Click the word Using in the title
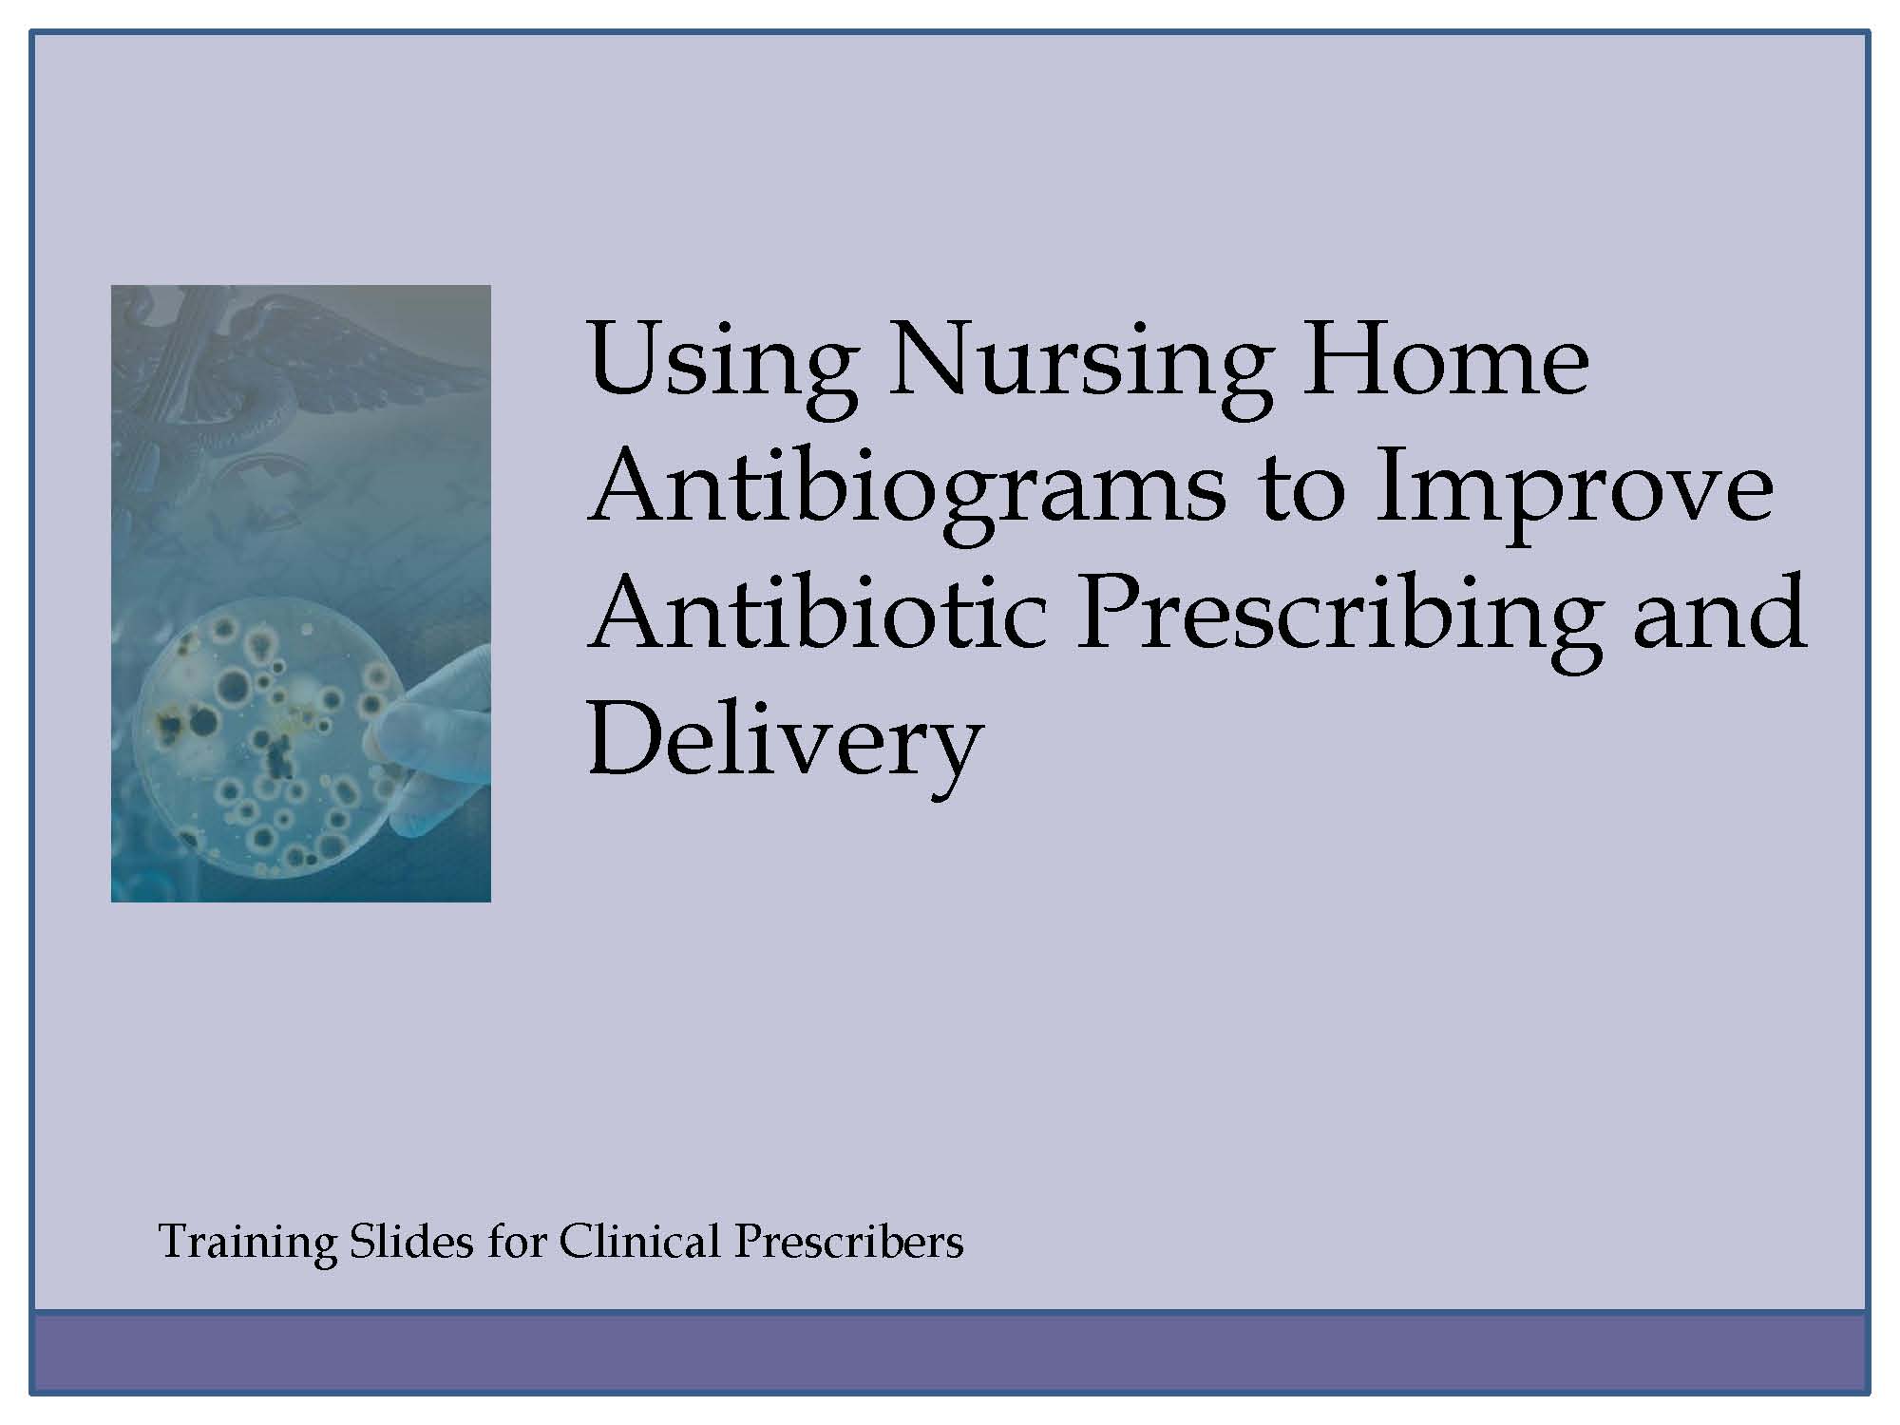[722, 367]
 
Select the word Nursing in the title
[1079, 367]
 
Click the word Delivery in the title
[785, 747]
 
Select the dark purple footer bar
[950, 1353]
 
